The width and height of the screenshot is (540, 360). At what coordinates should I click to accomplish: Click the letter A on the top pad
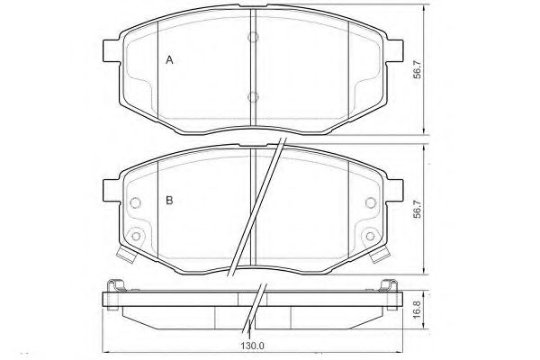point(169,60)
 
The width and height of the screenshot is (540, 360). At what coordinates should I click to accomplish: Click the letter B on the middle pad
point(169,200)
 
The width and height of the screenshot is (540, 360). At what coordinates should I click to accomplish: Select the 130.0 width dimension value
point(253,346)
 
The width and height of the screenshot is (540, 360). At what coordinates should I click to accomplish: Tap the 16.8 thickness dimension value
point(417,310)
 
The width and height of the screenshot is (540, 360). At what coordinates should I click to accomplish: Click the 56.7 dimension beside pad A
point(418,69)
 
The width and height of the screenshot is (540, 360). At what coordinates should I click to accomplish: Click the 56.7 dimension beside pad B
point(418,209)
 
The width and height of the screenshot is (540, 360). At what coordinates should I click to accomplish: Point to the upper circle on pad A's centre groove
point(253,37)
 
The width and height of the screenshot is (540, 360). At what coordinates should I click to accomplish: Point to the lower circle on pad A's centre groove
point(253,97)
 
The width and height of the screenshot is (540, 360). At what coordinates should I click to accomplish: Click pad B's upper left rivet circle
point(135,202)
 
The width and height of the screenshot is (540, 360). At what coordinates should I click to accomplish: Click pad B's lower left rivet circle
point(137,237)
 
